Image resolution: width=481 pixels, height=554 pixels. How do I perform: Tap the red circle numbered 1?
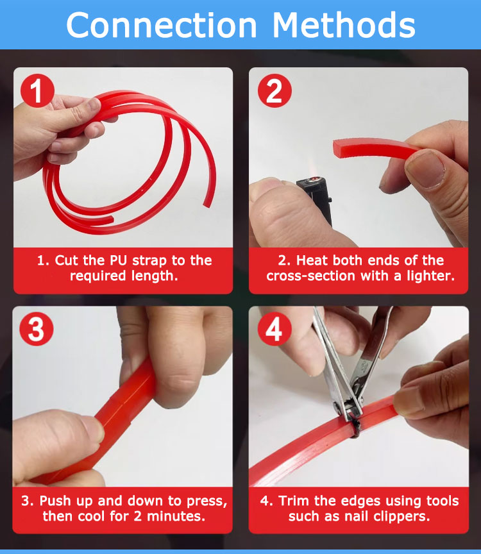pyautogui.click(x=37, y=91)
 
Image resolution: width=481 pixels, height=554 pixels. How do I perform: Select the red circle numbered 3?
pyautogui.click(x=37, y=330)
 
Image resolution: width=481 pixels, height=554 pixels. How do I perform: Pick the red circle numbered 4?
pyautogui.click(x=274, y=330)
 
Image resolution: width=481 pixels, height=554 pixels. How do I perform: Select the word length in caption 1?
pyautogui.click(x=155, y=276)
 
